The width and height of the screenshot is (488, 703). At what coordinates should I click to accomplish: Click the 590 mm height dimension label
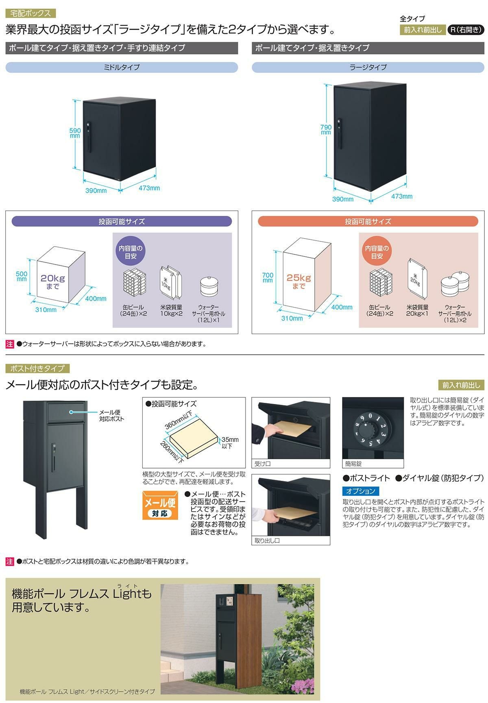pyautogui.click(x=75, y=133)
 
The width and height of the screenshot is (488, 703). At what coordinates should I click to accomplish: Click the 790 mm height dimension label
pyautogui.click(x=326, y=129)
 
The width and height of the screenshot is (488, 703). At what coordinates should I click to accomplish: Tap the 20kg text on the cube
pyautogui.click(x=52, y=279)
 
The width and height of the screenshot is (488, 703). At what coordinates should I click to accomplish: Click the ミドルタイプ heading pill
pyautogui.click(x=122, y=67)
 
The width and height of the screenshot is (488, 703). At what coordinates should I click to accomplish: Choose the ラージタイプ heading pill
pyautogui.click(x=368, y=67)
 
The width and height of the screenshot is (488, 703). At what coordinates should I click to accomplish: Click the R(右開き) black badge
pyautogui.click(x=465, y=30)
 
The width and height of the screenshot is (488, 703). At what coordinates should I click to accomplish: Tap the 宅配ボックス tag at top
pyautogui.click(x=30, y=13)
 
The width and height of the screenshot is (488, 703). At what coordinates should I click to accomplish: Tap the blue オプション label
pyautogui.click(x=360, y=491)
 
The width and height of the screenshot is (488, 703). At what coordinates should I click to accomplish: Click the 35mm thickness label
pyautogui.click(x=230, y=443)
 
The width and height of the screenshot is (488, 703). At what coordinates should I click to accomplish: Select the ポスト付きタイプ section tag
pyautogui.click(x=37, y=368)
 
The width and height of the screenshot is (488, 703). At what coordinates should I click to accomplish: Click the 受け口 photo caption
pyautogui.click(x=263, y=464)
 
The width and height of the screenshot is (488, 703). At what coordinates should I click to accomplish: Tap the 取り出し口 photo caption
pyautogui.click(x=267, y=540)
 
